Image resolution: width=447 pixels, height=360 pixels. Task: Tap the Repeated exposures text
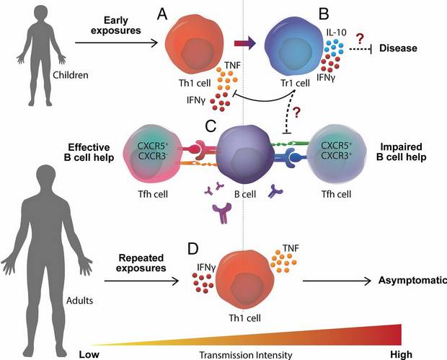click(x=128, y=263)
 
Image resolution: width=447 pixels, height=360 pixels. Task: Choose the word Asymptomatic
click(x=412, y=282)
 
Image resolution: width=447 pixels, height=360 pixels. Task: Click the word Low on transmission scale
click(x=89, y=354)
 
